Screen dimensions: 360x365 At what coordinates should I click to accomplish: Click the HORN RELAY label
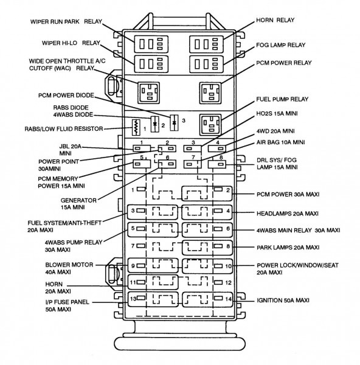275,20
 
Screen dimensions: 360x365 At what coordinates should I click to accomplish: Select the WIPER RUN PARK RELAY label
66,22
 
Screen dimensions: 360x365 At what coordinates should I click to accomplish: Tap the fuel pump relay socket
211,125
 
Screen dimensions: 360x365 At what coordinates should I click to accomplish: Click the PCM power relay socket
211,93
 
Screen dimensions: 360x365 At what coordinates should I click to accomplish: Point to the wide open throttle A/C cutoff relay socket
149,92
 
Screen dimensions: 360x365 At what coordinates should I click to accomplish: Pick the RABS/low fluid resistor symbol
136,128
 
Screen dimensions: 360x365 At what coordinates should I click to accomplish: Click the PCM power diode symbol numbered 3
174,122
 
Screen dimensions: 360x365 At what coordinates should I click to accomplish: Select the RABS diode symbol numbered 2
154,124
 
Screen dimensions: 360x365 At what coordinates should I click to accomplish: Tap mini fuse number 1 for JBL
142,148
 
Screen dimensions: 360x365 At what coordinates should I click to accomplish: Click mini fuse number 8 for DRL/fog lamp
217,164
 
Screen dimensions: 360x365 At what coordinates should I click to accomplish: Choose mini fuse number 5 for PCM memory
142,164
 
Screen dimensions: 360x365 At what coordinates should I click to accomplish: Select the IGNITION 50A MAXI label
283,301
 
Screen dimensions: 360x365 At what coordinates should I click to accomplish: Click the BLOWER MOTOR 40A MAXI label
69,268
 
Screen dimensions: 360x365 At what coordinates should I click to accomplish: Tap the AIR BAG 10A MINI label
280,142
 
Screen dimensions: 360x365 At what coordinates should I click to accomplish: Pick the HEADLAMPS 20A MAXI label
288,214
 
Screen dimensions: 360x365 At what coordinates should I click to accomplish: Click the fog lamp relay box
206,64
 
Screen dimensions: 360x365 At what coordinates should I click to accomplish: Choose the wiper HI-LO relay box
151,64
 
